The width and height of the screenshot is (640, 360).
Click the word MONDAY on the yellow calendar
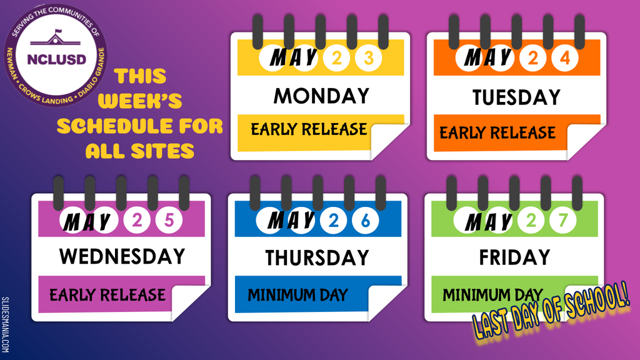tap(321, 96)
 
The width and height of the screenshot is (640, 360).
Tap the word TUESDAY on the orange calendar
tap(516, 97)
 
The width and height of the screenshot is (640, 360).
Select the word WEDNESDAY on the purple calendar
tap(122, 257)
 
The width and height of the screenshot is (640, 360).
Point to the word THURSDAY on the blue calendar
tap(317, 258)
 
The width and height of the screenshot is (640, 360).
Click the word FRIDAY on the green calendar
tap(514, 257)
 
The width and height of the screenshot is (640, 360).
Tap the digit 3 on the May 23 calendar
tap(368, 58)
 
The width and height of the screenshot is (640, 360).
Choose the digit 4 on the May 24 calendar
tap(565, 58)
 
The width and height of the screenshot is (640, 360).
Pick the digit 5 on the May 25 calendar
tap(169, 220)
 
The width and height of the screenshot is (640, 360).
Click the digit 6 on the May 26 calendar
tap(365, 221)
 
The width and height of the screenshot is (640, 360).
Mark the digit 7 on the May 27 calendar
tap(563, 221)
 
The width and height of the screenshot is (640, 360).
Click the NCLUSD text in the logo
tap(57, 59)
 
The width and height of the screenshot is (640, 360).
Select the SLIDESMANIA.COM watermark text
tap(5, 325)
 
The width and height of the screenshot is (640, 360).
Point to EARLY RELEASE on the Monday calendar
tap(309, 129)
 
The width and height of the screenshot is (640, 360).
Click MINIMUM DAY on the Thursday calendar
tap(297, 295)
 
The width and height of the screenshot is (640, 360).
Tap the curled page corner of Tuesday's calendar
tap(584, 141)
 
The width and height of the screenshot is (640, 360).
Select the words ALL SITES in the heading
tap(140, 151)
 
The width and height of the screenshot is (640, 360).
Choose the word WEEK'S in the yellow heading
tap(140, 101)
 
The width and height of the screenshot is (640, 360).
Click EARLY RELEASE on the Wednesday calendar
tap(107, 295)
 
